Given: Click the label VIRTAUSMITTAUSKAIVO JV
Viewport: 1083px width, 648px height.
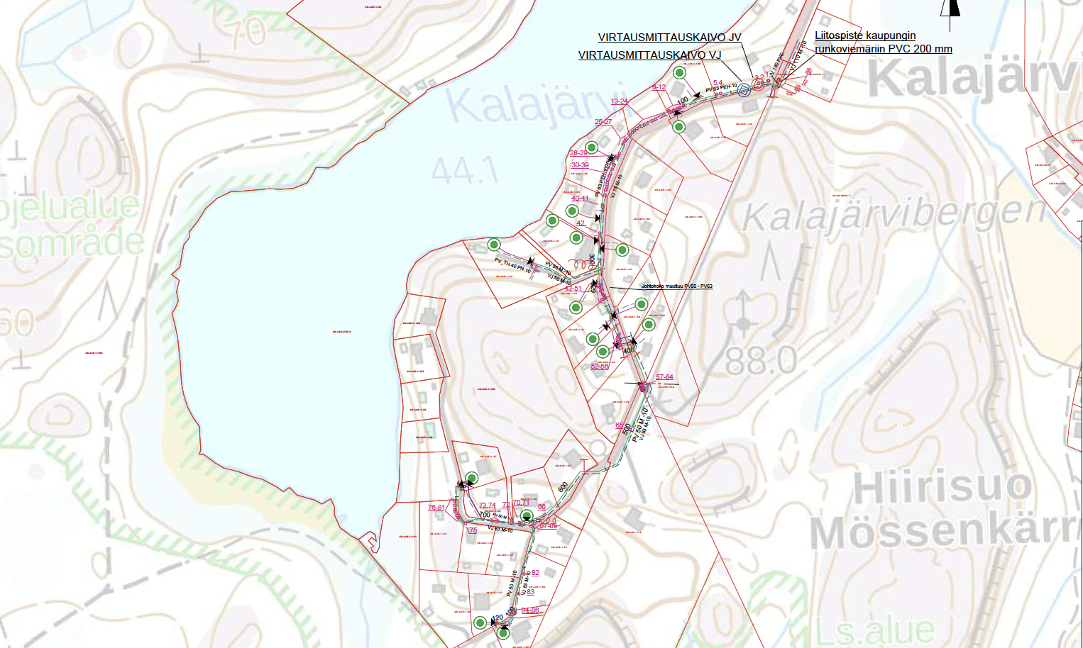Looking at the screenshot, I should pos(669,38).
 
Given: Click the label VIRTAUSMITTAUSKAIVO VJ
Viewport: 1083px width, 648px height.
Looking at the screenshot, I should pos(649,55).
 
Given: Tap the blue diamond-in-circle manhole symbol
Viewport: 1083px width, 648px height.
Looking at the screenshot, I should pos(744,89).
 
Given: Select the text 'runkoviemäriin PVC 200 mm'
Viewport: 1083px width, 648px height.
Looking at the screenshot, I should pos(884,49).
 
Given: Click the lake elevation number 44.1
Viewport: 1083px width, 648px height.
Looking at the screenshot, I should pos(465,171).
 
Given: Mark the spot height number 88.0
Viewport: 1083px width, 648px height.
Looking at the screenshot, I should pos(762,361).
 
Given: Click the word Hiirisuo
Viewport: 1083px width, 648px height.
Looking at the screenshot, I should pos(942,488).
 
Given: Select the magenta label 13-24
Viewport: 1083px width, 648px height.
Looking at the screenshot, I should pos(620,101).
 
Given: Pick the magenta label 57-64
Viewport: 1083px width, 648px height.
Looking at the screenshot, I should pos(664,377).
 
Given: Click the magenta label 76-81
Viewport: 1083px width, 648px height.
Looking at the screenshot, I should pos(436,508).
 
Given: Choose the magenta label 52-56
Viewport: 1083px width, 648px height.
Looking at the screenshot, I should pos(600,366).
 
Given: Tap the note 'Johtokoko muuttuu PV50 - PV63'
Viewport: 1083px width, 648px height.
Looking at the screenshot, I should pos(676,286).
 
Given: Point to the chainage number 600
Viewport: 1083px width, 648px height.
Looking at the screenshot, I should pos(564,487).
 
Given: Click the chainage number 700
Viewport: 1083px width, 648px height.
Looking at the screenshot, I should pos(485,515).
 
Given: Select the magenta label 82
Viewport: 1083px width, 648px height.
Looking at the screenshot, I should pos(535,573).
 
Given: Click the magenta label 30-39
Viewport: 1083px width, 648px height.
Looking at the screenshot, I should pos(580,164).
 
